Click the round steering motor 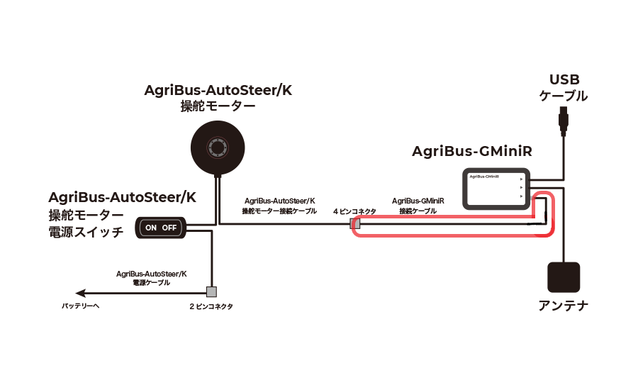[218, 147]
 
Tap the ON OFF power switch [160, 228]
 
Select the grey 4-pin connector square [357, 225]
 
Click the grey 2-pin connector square [211, 291]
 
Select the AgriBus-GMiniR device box [494, 188]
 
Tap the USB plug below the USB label [564, 121]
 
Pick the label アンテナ [564, 306]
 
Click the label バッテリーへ [81, 306]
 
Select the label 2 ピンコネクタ [211, 306]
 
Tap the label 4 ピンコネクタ [354, 211]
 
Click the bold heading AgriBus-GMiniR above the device [472, 152]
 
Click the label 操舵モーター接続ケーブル [279, 211]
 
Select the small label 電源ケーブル [151, 282]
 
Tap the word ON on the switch [151, 228]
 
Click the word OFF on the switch [169, 228]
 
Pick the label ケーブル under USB [564, 96]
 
